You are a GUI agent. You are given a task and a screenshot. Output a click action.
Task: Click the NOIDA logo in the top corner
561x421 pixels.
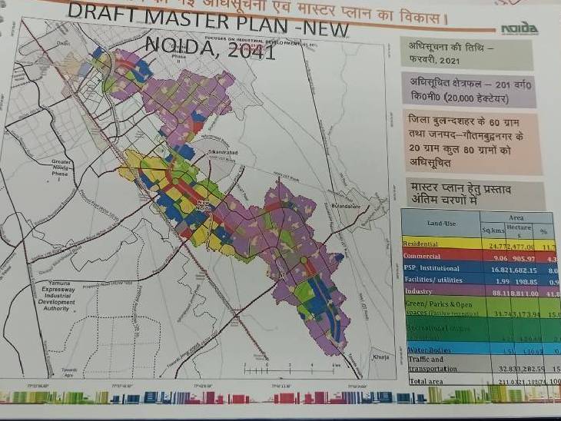(x=520, y=28)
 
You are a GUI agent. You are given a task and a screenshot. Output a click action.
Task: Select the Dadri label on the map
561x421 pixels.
(x=64, y=44)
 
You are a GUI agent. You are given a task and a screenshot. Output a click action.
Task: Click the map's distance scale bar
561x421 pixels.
(x=265, y=369)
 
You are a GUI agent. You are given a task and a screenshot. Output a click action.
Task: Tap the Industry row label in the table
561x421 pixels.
(x=419, y=290)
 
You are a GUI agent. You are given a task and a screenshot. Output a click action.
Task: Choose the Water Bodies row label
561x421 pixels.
(x=425, y=350)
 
